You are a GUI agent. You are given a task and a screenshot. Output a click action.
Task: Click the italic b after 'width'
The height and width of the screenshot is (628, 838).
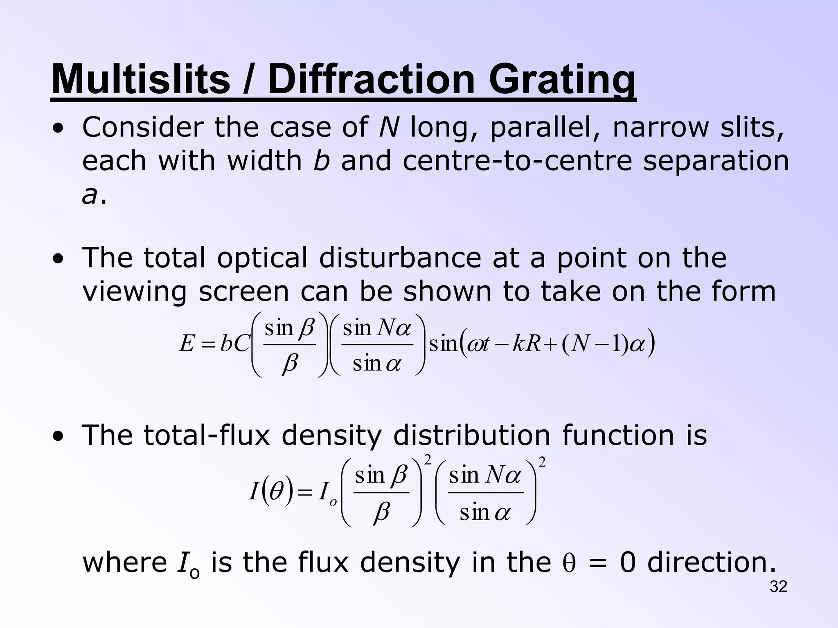click(321, 160)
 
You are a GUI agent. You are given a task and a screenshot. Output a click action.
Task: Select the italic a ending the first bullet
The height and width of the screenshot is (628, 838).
click(90, 195)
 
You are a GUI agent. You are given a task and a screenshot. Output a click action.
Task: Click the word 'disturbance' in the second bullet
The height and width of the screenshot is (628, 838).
click(400, 258)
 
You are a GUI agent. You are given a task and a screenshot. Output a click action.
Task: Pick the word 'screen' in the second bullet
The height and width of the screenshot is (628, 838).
click(243, 292)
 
